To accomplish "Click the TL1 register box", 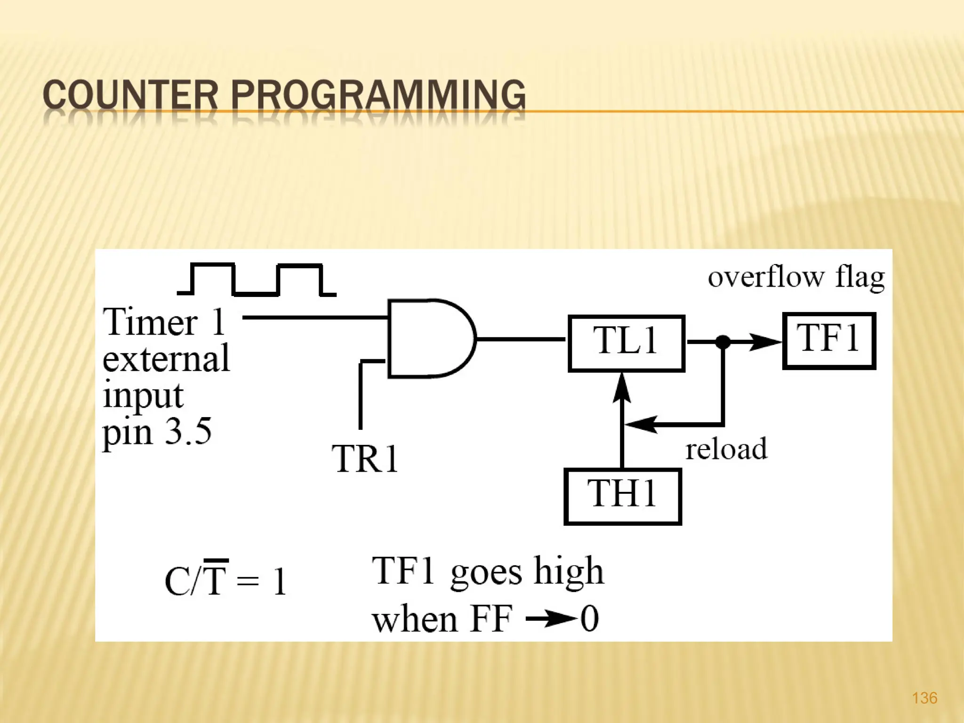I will [626, 344].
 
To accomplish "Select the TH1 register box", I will [622, 497].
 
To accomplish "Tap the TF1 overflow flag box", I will [829, 341].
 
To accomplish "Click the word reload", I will [726, 449].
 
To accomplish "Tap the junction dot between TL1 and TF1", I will [723, 342].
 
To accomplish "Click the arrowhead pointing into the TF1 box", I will [765, 342].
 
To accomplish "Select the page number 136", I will [924, 698].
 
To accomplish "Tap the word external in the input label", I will [166, 359].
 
